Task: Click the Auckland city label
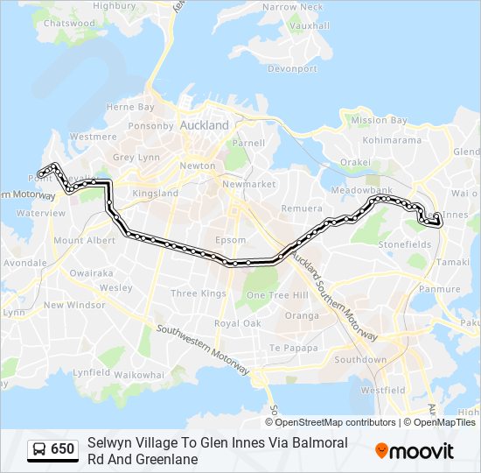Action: click(x=204, y=125)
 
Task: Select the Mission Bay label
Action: click(x=379, y=120)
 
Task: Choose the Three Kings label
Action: click(x=198, y=293)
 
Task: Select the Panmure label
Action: click(x=440, y=289)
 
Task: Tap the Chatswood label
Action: click(x=69, y=24)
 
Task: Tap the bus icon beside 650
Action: click(x=39, y=449)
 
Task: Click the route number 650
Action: click(x=62, y=449)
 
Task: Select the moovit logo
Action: click(x=415, y=451)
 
